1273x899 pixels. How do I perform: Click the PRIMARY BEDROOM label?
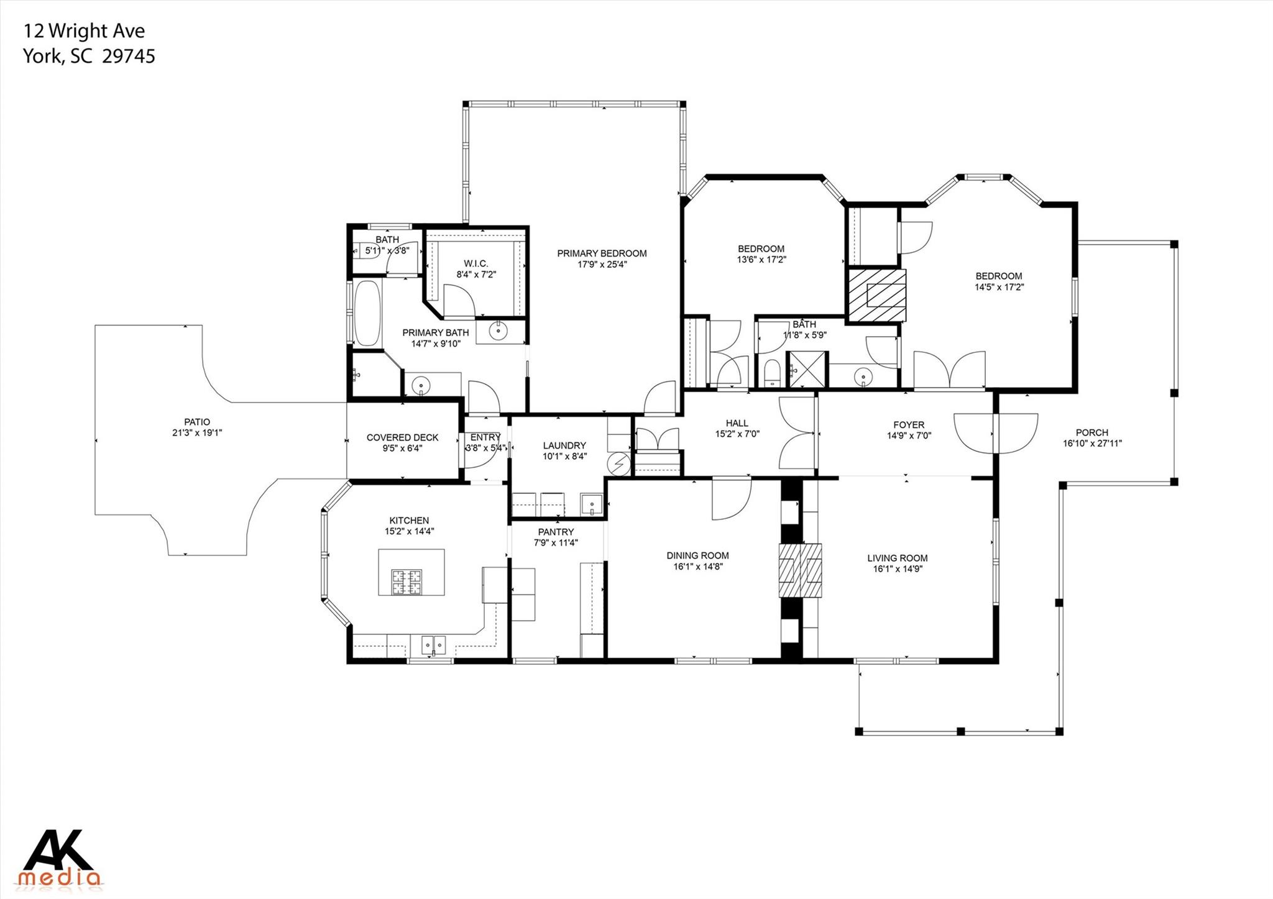pyautogui.click(x=601, y=253)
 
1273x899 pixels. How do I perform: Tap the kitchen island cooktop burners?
pyautogui.click(x=407, y=582)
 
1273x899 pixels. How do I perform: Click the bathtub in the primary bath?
pyautogui.click(x=367, y=314)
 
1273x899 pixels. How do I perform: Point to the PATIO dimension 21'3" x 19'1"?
pyautogui.click(x=196, y=433)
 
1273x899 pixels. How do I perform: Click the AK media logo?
pyautogui.click(x=60, y=859)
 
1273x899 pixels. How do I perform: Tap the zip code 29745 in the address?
pyautogui.click(x=129, y=57)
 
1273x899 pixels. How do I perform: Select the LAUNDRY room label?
pyautogui.click(x=564, y=445)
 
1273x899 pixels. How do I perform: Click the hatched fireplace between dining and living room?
pyautogui.click(x=801, y=570)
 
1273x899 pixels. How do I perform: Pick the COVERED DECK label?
pyautogui.click(x=402, y=437)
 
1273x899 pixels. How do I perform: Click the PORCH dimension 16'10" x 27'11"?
pyautogui.click(x=1091, y=444)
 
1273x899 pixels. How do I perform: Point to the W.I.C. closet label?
pyautogui.click(x=476, y=263)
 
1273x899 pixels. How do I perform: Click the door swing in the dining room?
pyautogui.click(x=730, y=499)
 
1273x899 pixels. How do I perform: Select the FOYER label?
pyautogui.click(x=908, y=425)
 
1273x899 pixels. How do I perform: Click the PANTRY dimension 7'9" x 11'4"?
pyautogui.click(x=556, y=543)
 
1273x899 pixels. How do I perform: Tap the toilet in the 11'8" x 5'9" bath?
pyautogui.click(x=771, y=373)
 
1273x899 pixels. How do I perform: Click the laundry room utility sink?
pyautogui.click(x=592, y=504)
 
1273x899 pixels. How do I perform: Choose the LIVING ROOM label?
pyautogui.click(x=897, y=558)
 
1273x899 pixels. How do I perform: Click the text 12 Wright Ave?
pyautogui.click(x=84, y=30)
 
